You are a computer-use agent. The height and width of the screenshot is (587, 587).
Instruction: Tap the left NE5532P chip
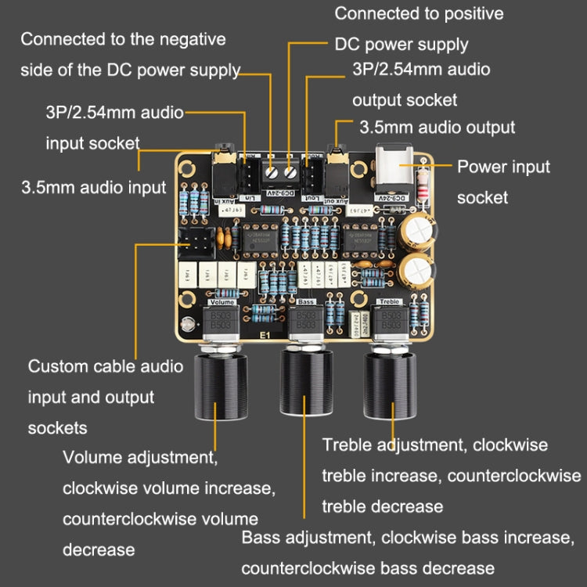coord(259,240)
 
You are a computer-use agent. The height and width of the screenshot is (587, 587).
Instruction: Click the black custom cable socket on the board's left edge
coord(196,245)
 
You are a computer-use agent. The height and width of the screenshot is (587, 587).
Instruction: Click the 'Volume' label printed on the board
coord(221,301)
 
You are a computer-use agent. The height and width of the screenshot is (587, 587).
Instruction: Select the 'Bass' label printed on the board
coord(308,301)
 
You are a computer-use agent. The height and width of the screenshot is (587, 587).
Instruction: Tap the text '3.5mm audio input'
coord(93,187)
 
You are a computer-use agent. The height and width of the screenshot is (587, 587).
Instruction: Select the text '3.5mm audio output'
coord(437,127)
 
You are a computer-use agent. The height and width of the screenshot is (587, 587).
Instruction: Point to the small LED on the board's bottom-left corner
coord(185,325)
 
